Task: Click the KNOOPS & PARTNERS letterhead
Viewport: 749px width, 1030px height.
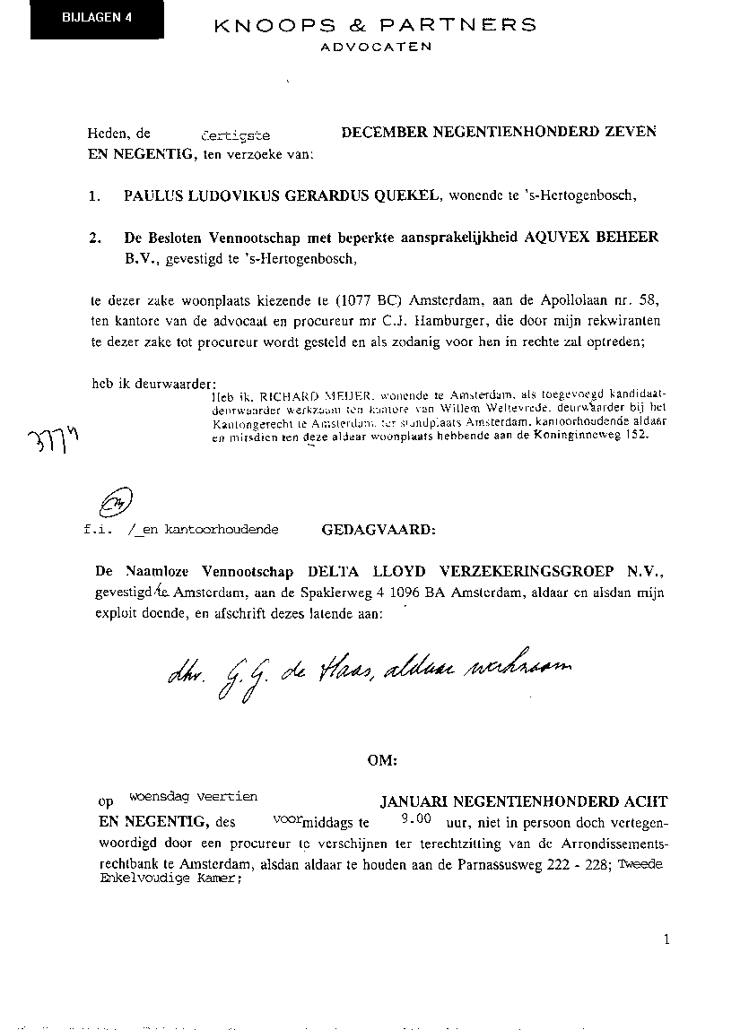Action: pyautogui.click(x=376, y=25)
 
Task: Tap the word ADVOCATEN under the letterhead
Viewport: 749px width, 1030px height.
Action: pyautogui.click(x=376, y=47)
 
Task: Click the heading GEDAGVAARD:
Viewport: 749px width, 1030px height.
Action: pyautogui.click(x=379, y=529)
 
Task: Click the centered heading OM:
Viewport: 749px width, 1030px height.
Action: pyautogui.click(x=382, y=760)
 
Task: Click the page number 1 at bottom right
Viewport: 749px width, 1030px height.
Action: pyautogui.click(x=667, y=939)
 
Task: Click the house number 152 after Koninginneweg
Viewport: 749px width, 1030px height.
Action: pyautogui.click(x=635, y=435)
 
